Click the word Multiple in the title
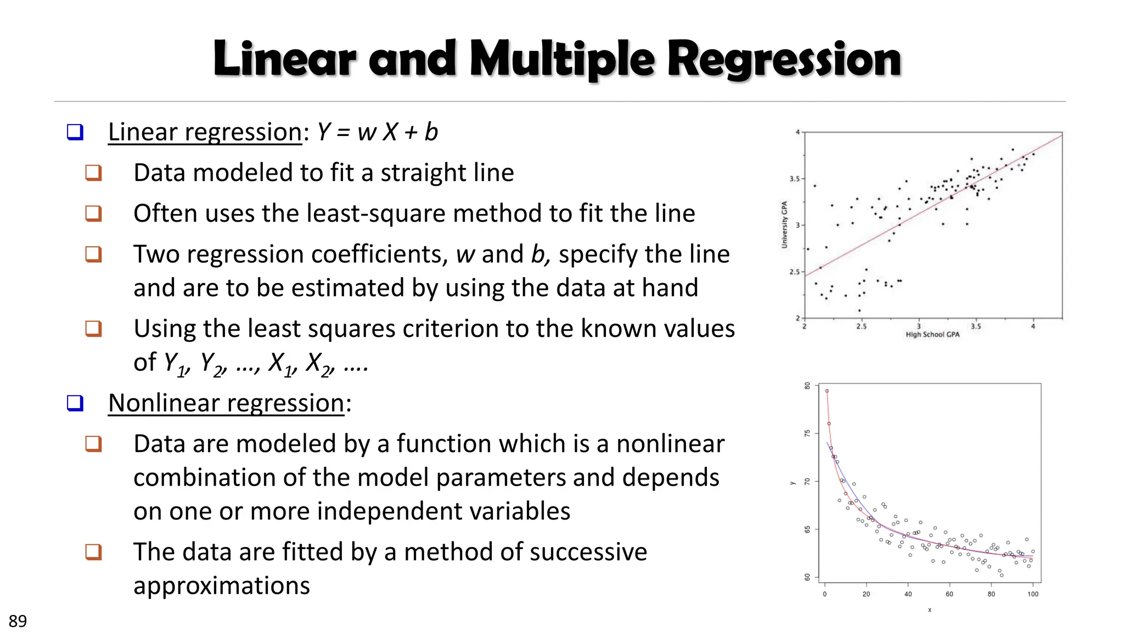562,59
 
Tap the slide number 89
18,621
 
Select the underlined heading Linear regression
205,132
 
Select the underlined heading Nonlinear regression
226,403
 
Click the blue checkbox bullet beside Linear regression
75,132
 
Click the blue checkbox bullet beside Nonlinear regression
75,403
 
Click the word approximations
222,586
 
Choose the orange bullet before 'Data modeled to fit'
94,173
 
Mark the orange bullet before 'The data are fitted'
94,551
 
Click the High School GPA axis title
932,335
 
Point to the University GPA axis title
785,225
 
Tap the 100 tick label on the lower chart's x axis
1033,594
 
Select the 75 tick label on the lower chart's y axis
807,433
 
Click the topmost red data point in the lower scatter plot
827,391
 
